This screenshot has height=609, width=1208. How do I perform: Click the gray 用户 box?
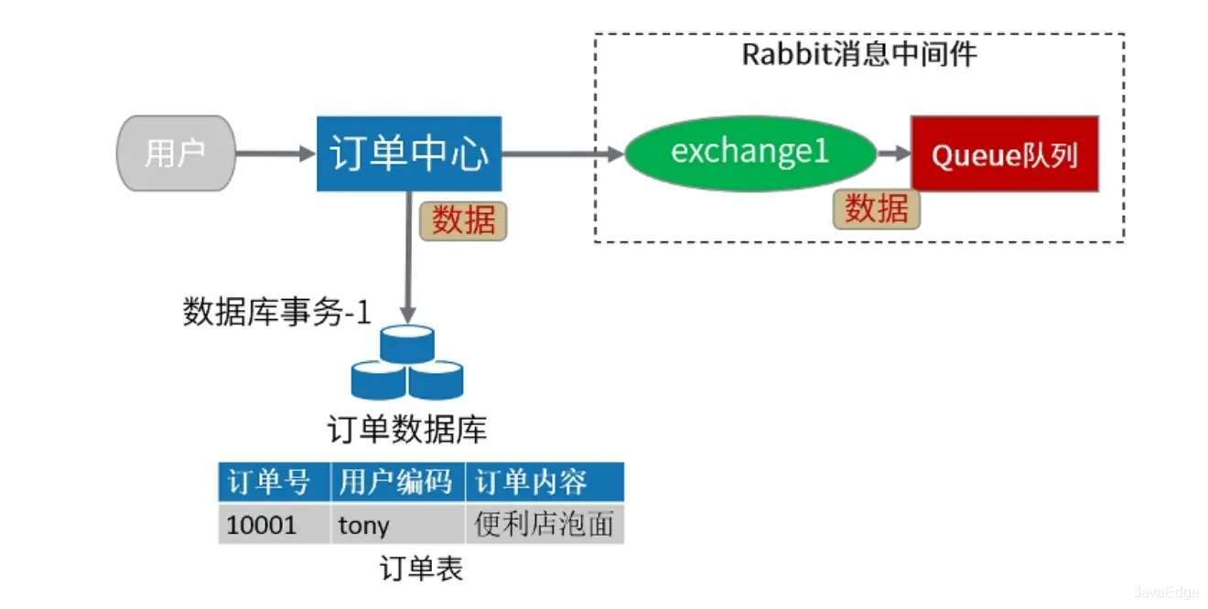click(175, 154)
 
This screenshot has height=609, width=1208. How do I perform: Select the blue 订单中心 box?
click(409, 154)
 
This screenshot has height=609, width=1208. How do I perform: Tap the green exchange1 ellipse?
click(750, 152)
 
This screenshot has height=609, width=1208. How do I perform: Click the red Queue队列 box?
click(1004, 154)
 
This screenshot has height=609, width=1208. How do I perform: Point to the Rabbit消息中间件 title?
click(858, 54)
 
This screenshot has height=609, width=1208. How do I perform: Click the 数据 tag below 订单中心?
click(463, 220)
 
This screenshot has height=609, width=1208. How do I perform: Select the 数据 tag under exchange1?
click(876, 209)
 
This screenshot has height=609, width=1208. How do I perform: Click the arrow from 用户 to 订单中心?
click(275, 154)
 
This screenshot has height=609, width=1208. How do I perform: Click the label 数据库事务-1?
click(276, 313)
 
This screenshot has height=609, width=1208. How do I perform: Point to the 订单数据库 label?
click(407, 429)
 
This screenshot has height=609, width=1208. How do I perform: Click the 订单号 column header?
click(273, 482)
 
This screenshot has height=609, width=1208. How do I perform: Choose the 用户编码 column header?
click(397, 482)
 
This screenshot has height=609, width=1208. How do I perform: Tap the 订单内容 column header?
click(545, 482)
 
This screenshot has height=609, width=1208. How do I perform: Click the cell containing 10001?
click(273, 525)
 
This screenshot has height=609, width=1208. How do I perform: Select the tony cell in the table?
click(397, 525)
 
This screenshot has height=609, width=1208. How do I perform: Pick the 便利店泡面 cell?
click(545, 525)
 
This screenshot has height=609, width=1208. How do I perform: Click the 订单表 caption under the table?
click(421, 569)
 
